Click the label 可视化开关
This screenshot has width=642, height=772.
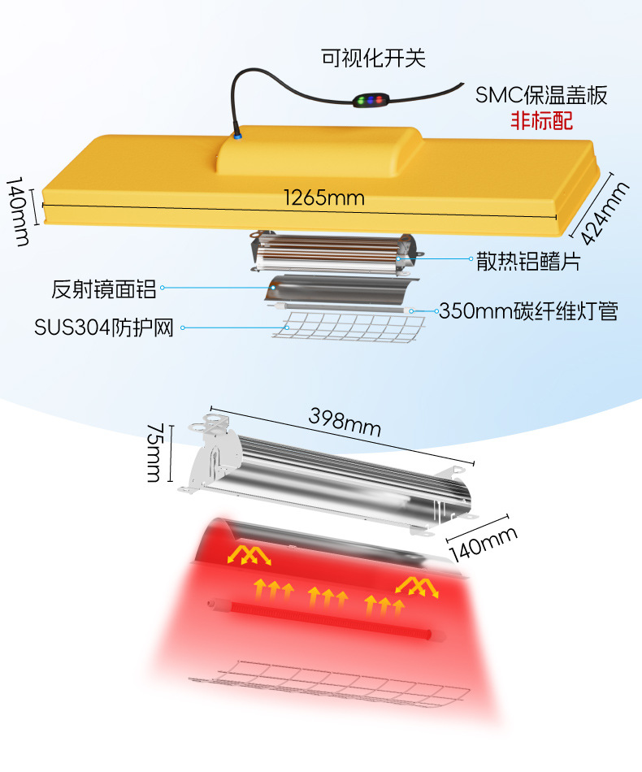pos(373,58)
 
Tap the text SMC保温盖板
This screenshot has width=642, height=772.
pos(541,96)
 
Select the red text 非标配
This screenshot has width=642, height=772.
pos(541,121)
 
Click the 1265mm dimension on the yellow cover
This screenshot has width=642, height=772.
pos(323,197)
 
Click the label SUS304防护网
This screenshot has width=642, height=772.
pos(104,327)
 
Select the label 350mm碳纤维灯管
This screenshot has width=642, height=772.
pos(528,310)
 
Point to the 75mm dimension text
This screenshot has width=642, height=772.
pos(154,453)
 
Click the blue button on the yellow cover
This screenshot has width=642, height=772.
pos(237,136)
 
